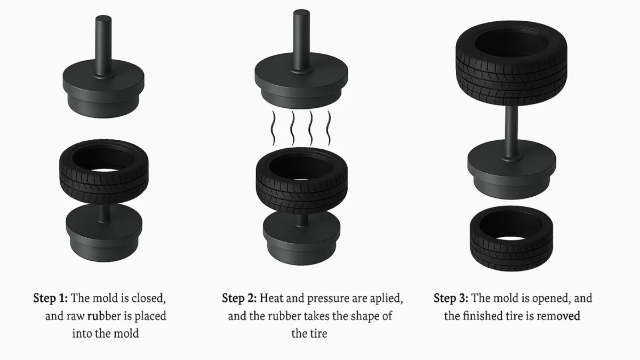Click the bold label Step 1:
(x=50, y=298)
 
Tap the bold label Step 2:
(x=239, y=298)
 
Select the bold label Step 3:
(x=451, y=298)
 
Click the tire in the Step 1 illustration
(x=104, y=172)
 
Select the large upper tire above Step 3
(x=511, y=63)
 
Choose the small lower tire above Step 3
(x=511, y=239)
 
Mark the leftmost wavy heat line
(x=274, y=128)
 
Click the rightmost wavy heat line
(x=329, y=128)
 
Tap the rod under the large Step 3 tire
(x=511, y=131)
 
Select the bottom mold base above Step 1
(x=104, y=233)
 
